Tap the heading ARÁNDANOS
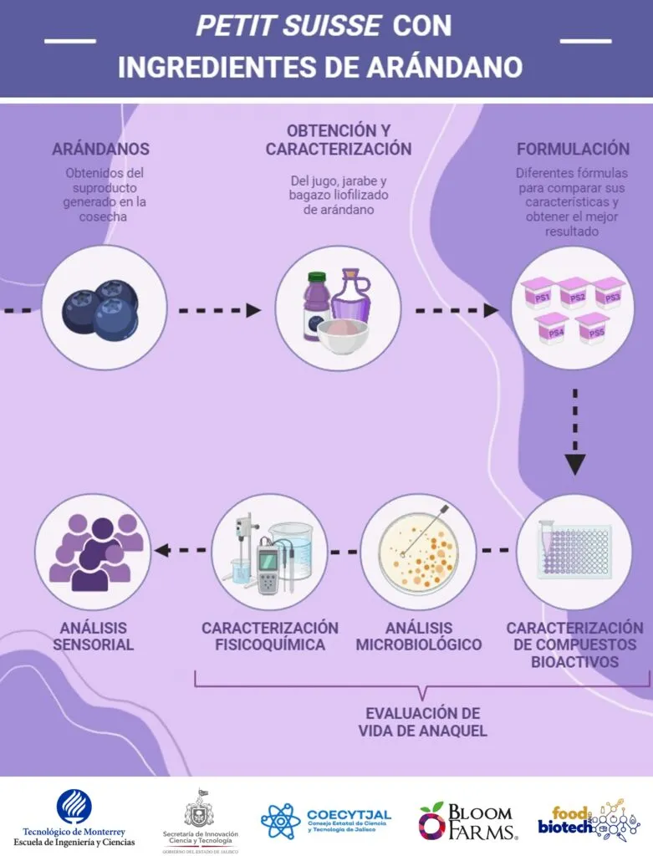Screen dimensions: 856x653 tap(101, 149)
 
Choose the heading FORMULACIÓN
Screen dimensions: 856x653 tap(573, 149)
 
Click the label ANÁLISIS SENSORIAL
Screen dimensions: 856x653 tap(94, 636)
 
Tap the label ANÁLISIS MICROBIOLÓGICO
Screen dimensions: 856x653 tap(418, 636)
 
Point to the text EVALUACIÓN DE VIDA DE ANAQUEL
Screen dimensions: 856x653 tap(423, 722)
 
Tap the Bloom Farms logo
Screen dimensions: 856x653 tap(468, 820)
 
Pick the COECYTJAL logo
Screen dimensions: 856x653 tap(326, 819)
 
